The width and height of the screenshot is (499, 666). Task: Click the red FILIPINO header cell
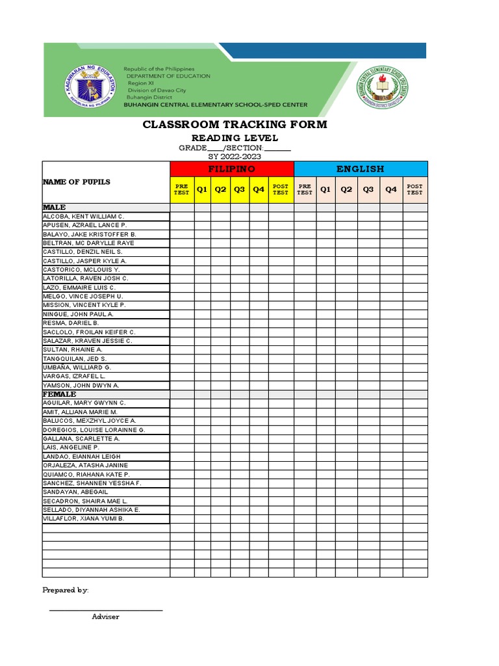click(232, 169)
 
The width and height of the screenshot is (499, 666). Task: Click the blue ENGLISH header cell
click(361, 169)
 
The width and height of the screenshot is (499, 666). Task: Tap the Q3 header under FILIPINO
click(240, 189)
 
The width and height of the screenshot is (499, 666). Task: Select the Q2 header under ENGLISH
click(347, 189)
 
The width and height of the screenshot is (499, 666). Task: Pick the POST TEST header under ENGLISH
click(415, 189)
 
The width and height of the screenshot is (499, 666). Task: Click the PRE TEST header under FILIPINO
click(182, 189)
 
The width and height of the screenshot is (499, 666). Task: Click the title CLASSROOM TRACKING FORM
click(235, 124)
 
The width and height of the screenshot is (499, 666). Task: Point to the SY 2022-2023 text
click(235, 157)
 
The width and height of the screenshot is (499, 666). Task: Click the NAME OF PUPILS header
click(77, 182)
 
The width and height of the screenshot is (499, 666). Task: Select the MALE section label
click(55, 207)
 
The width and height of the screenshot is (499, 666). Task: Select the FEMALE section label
click(60, 394)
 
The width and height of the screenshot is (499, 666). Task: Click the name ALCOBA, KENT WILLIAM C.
click(83, 216)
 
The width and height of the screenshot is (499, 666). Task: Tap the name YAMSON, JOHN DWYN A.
click(81, 386)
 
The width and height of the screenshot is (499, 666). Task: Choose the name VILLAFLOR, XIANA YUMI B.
click(83, 519)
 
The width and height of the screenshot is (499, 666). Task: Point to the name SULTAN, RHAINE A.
click(73, 350)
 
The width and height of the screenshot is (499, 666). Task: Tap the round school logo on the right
click(382, 87)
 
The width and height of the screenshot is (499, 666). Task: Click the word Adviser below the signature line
click(105, 617)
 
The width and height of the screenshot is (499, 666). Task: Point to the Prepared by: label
click(66, 590)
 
